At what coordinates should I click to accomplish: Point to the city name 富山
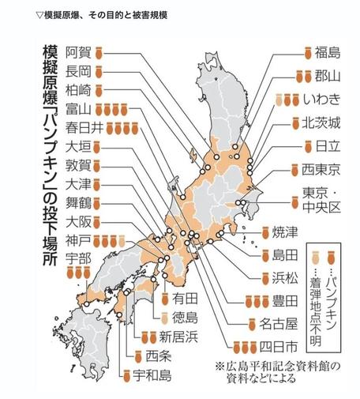(80, 108)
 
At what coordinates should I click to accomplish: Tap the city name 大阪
(80, 221)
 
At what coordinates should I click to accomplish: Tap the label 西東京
(322, 169)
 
